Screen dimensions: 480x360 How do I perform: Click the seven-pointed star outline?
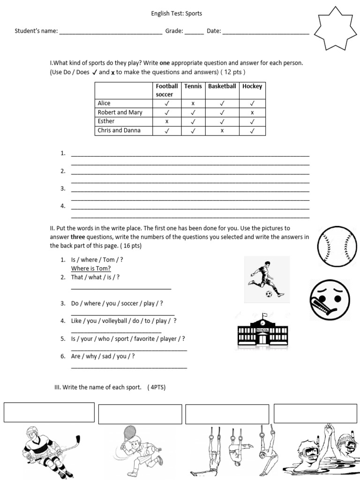(x=332, y=30)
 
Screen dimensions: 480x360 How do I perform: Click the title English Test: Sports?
(x=176, y=14)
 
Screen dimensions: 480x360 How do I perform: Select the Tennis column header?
(x=193, y=86)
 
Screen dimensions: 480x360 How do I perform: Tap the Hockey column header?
(x=252, y=86)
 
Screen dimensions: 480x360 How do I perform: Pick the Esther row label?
(x=106, y=121)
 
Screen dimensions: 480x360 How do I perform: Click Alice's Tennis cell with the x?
(x=193, y=104)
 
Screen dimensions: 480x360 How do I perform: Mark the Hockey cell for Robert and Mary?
(x=252, y=112)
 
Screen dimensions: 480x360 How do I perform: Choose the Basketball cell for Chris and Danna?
(x=222, y=131)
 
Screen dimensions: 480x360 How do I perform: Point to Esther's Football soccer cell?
(x=167, y=121)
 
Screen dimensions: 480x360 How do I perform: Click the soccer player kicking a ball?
(x=266, y=279)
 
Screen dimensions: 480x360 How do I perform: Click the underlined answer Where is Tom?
(x=91, y=268)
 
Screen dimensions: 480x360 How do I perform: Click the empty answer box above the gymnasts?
(x=227, y=414)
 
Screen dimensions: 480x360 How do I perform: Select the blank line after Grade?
(x=194, y=31)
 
